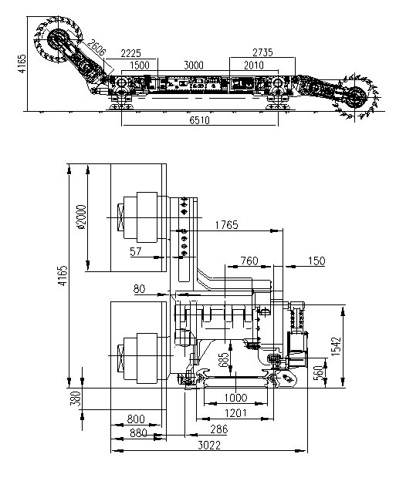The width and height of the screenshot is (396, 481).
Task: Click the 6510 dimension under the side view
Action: tap(199, 120)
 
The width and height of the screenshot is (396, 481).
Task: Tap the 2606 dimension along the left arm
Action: tap(96, 48)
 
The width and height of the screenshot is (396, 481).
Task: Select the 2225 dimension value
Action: tap(131, 53)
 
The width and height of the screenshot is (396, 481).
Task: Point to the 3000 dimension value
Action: tap(194, 66)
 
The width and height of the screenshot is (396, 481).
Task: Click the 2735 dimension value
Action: tap(262, 52)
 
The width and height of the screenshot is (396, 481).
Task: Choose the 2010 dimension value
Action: tap(254, 66)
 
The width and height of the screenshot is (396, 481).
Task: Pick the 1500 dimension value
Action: tap(140, 66)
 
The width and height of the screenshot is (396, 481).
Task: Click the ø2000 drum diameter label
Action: tap(82, 217)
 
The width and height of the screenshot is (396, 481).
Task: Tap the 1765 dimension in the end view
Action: tap(226, 225)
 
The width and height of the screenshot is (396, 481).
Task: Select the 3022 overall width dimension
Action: tap(209, 445)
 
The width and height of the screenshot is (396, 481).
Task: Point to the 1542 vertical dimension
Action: tap(337, 347)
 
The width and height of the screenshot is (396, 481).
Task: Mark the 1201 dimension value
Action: tap(235, 413)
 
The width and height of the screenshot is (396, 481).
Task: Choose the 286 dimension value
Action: tap(219, 429)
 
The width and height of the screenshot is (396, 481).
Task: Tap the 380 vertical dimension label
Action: tap(76, 399)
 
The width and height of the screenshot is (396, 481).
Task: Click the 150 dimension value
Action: tap(316, 261)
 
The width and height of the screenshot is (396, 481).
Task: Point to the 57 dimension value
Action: tap(136, 251)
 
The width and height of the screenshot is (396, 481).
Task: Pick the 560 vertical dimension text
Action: tap(320, 372)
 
